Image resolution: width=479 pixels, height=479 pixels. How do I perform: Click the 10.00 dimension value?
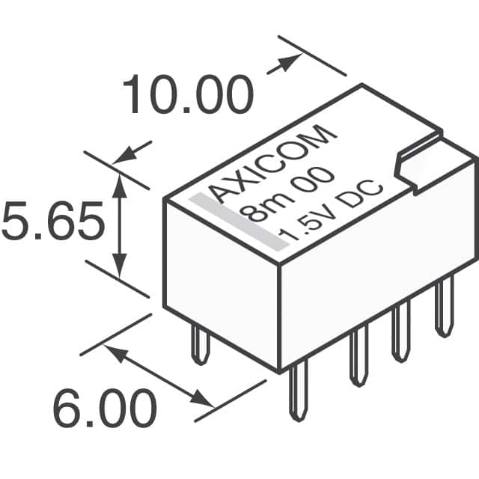point(188,94)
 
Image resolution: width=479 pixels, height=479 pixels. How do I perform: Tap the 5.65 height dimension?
point(53,220)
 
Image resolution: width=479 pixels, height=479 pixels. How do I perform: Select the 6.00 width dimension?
point(105,409)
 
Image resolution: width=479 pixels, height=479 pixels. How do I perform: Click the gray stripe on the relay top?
point(239,222)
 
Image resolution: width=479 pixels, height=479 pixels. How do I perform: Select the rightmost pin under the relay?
point(445,305)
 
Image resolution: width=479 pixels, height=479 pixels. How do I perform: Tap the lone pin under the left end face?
point(201,344)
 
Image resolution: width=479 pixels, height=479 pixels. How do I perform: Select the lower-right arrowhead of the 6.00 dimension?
point(201,399)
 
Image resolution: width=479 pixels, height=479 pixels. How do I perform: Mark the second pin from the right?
point(401,333)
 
